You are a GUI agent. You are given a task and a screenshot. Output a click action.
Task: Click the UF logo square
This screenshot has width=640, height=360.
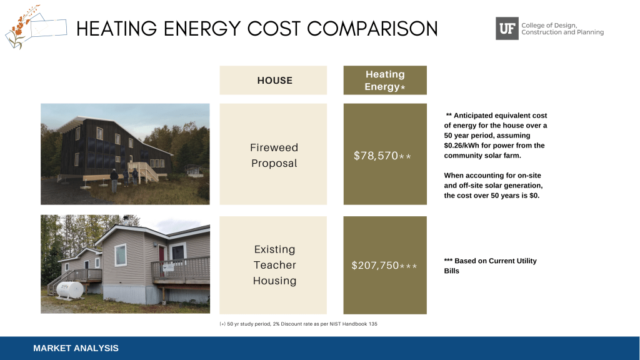(507, 28)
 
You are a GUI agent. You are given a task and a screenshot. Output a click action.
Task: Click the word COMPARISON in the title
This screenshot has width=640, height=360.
(372, 29)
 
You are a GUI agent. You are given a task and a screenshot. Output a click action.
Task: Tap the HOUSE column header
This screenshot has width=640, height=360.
(275, 81)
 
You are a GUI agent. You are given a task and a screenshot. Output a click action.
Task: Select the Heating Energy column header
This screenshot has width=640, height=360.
(385, 81)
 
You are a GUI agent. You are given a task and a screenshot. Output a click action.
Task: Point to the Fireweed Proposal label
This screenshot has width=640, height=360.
(274, 155)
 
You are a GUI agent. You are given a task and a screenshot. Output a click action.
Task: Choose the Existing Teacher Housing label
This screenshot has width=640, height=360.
(274, 265)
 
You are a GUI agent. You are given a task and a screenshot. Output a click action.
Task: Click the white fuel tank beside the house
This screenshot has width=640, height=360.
(70, 290)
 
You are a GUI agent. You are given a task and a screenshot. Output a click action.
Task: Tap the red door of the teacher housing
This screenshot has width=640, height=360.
(162, 258)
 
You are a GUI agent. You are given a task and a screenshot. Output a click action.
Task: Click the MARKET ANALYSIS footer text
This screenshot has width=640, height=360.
(76, 348)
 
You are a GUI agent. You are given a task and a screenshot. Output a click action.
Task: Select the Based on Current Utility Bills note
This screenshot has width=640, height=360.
(490, 266)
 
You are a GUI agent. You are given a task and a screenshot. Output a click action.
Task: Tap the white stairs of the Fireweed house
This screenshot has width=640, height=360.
(146, 171)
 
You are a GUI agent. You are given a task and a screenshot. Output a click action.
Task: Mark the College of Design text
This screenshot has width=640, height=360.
(549, 25)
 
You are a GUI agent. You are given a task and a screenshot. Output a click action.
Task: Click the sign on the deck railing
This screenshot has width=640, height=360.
(168, 267)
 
